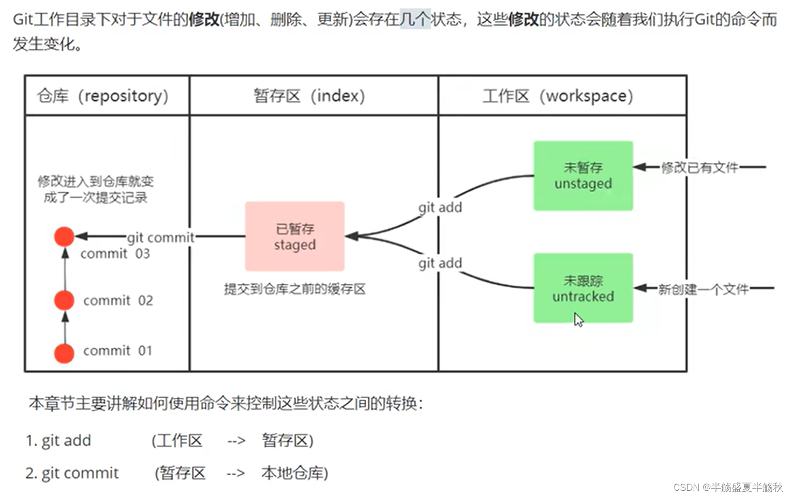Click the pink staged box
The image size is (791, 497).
[x=294, y=236]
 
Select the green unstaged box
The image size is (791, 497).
[x=583, y=175]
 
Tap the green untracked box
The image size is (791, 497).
[x=583, y=288]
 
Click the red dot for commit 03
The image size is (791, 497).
[x=64, y=236]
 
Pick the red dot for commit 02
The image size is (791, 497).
[x=64, y=300]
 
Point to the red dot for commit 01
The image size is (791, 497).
[x=64, y=353]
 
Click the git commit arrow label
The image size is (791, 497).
[x=160, y=237]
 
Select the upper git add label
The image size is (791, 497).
[x=440, y=207]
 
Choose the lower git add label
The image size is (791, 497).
[x=440, y=263]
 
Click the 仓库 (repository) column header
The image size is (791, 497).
[x=103, y=96]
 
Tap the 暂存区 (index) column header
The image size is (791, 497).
[x=309, y=96]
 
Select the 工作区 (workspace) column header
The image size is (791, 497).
[x=558, y=96]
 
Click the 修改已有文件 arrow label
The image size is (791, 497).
[x=699, y=168]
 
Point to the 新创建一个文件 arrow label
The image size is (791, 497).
[x=703, y=289]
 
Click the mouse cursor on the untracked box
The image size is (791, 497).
[x=578, y=319]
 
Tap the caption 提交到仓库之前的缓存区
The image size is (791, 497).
[x=294, y=289]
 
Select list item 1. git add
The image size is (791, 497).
[x=58, y=440]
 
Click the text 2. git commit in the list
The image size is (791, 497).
[x=72, y=473]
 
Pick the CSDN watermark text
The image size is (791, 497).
[x=728, y=487]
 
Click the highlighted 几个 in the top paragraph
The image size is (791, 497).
[x=415, y=20]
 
